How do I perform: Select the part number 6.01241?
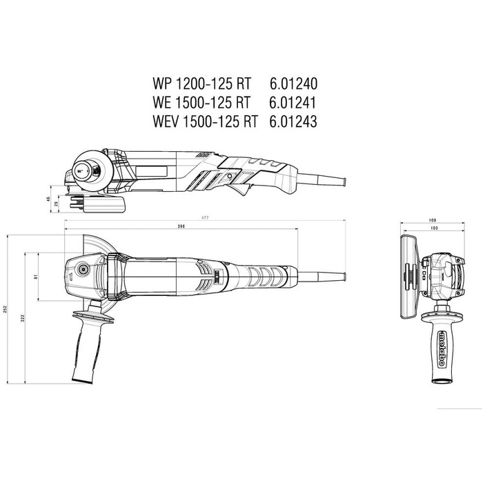(285, 103)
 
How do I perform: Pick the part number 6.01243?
(285, 121)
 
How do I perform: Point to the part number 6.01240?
(285, 84)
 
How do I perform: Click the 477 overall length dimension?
(205, 218)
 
